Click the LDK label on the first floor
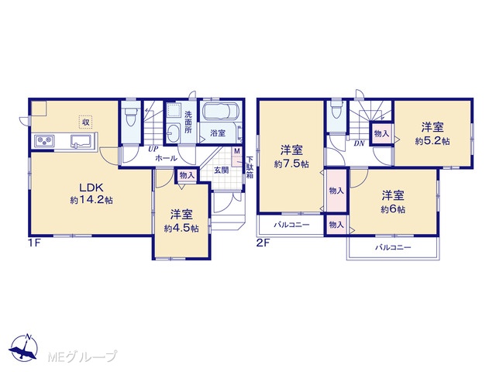(x=91, y=188)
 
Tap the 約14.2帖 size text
(x=91, y=200)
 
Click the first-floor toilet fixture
(x=131, y=117)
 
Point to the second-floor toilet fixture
(x=336, y=112)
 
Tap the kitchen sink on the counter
(x=81, y=141)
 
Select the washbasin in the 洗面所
(x=173, y=133)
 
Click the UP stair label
(x=153, y=150)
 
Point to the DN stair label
(x=359, y=143)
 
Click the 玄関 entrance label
(x=221, y=170)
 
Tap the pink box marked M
(x=237, y=157)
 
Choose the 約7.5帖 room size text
(x=291, y=164)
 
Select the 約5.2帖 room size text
(x=432, y=141)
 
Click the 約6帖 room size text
(x=393, y=209)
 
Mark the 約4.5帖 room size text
(x=181, y=229)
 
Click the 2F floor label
(x=263, y=243)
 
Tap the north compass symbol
(x=24, y=347)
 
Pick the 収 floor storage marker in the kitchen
(x=85, y=122)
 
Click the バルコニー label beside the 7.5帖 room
(x=291, y=226)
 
